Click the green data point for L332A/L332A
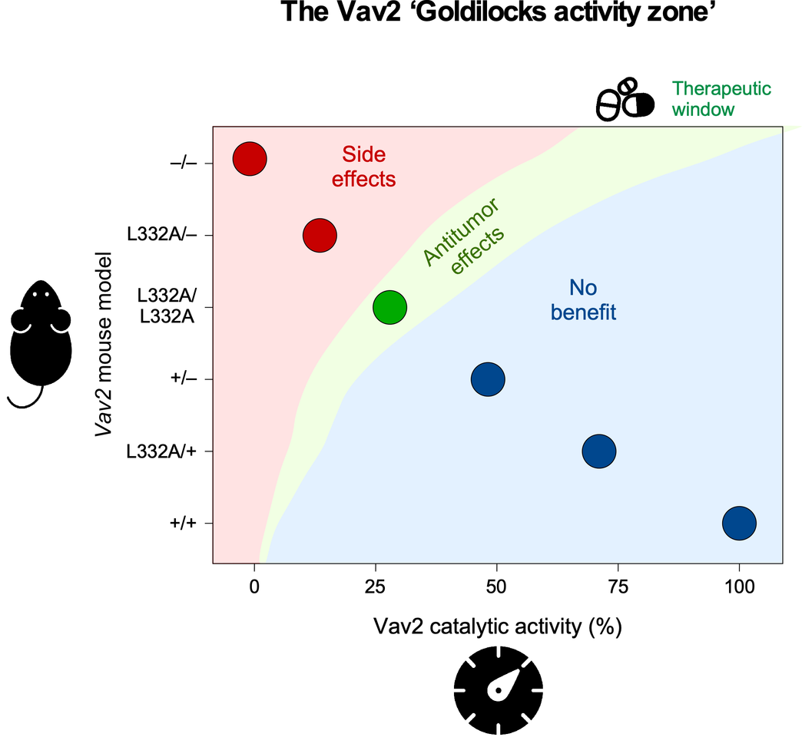tap(389, 307)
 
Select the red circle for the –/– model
tap(250, 159)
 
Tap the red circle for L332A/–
tap(320, 235)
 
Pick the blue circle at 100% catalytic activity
tap(739, 523)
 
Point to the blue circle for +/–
tap(488, 378)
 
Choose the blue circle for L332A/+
tap(599, 451)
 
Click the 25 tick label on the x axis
tap(376, 585)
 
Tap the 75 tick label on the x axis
tap(618, 585)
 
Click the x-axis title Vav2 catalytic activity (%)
tap(497, 627)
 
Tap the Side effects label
tap(368, 166)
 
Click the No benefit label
tap(583, 300)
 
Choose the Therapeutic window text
tap(721, 98)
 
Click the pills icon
tap(626, 99)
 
